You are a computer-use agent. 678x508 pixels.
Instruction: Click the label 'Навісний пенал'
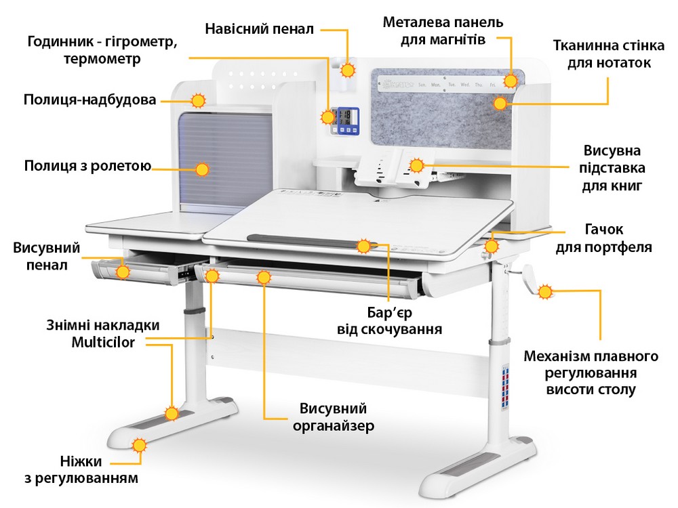[259, 29]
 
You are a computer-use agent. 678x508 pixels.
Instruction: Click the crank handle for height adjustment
[530, 279]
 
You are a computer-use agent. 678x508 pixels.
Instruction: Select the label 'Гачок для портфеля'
[603, 238]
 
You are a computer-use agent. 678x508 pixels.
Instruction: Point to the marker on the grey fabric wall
[500, 103]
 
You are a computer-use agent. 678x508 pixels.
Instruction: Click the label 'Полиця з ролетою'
[87, 166]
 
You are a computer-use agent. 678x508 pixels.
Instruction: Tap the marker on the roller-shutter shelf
[202, 169]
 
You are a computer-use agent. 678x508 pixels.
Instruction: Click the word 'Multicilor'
[103, 342]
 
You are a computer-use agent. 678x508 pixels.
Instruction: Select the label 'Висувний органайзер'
[334, 417]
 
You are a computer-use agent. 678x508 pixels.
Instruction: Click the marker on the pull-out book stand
[416, 165]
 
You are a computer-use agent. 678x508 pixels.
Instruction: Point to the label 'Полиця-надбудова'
[90, 100]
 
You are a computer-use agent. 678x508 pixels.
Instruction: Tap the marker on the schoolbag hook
[491, 247]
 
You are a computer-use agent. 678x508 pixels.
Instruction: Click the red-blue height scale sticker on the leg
[505, 387]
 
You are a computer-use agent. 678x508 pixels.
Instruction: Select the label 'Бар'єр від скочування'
[390, 321]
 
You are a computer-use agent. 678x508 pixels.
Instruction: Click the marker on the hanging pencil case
[348, 70]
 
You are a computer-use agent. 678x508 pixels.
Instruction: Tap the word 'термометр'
[102, 58]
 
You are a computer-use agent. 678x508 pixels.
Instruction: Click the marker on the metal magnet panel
[511, 81]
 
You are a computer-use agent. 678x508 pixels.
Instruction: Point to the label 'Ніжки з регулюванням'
[81, 469]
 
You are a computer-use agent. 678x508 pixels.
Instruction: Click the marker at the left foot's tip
[139, 446]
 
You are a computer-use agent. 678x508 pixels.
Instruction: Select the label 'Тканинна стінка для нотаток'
[609, 54]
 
